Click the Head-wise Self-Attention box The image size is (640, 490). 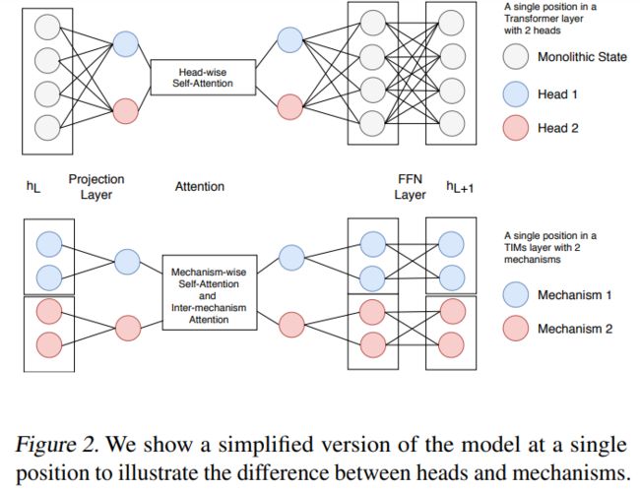point(203,78)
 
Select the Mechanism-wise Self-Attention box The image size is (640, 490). point(210,292)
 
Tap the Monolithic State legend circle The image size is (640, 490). point(516,57)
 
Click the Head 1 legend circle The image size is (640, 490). point(516,94)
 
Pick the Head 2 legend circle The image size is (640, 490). point(516,128)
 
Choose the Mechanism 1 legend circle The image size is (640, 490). point(516,294)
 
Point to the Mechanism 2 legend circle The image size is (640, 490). point(516,328)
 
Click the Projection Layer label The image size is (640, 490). point(96,186)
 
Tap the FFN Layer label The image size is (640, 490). point(410,186)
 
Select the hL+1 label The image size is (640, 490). point(460,187)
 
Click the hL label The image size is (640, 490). point(33,186)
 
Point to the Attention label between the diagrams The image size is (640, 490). point(200,186)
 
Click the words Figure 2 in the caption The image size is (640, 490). point(57,445)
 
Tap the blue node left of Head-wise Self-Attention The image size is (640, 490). point(125,44)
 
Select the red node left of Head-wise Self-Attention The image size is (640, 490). point(125,111)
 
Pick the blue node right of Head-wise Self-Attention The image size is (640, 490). point(290,40)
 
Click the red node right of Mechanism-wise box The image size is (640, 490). point(291,325)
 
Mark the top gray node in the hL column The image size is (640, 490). point(48,27)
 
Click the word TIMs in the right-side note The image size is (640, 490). point(515,248)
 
